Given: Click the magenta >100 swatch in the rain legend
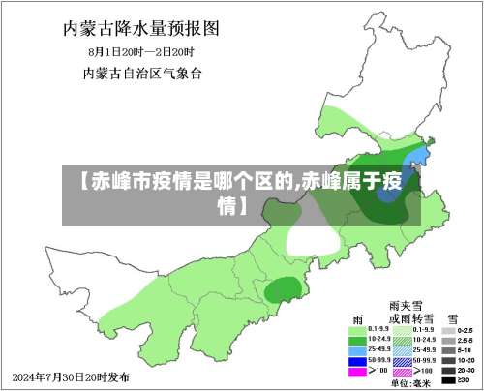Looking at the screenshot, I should tap(358, 370).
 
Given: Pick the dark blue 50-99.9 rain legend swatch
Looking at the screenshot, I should tap(358, 360).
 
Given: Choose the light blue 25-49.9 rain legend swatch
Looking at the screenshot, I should tap(358, 349).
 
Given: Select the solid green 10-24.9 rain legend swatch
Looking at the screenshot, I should tap(358, 339).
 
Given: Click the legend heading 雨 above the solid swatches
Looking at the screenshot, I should tap(359, 317).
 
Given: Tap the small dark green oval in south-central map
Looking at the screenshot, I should tap(282, 288).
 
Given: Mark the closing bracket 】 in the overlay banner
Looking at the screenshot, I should tap(241, 205).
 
